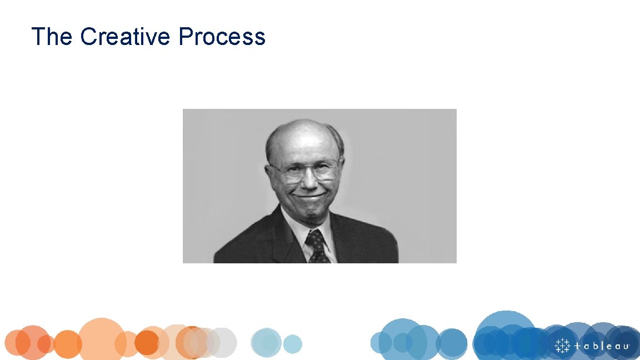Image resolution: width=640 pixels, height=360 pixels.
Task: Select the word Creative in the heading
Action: (x=124, y=37)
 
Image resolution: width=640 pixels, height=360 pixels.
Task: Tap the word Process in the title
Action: (x=222, y=37)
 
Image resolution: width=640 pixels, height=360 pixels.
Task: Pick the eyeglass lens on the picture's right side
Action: (x=326, y=170)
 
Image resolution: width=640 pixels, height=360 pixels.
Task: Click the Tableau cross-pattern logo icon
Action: (x=563, y=345)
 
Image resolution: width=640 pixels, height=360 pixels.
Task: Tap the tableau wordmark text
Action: (x=602, y=346)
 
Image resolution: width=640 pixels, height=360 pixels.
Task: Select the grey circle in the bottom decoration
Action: (x=222, y=342)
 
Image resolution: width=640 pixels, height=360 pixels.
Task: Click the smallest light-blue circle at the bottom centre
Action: (x=292, y=344)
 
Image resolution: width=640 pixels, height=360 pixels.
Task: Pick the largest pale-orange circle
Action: (x=102, y=339)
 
